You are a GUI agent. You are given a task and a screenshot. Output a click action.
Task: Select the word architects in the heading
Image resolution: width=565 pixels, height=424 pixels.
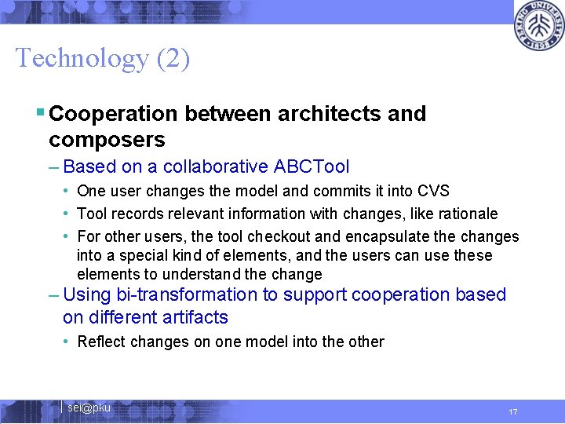point(330,114)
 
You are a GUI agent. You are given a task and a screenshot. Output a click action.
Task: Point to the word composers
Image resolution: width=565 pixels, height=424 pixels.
point(107,141)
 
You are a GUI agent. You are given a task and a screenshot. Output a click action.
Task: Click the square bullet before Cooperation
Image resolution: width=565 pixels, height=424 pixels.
point(40,113)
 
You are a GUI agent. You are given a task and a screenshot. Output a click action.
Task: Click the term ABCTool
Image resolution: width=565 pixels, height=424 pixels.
point(312,166)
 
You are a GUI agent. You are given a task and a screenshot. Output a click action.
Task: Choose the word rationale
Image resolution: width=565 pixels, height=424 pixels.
point(468,214)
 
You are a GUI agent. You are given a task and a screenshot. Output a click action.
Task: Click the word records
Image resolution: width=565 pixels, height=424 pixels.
point(136,214)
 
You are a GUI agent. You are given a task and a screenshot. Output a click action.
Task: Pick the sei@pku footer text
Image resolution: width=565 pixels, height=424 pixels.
point(89,408)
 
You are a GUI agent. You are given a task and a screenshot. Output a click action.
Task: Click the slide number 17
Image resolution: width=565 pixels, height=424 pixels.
point(512,411)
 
